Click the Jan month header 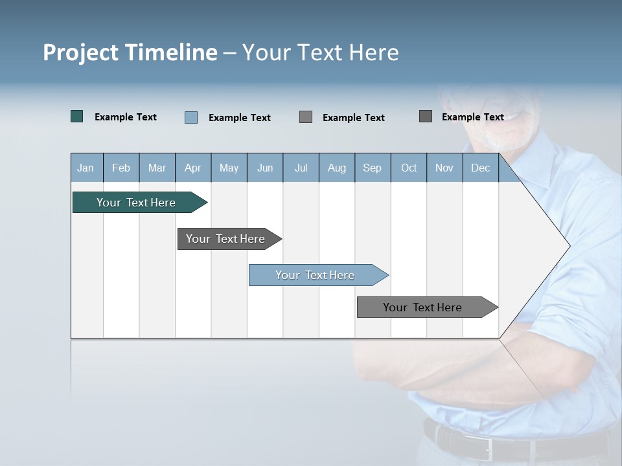coord(86,168)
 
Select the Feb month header coord(121,168)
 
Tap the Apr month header coord(192,168)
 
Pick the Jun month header coord(264,168)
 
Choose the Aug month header coord(336,168)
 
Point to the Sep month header coord(372,168)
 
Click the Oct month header coord(409,168)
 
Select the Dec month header coord(480,168)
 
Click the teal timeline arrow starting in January coord(136,203)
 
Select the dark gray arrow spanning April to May coord(225,239)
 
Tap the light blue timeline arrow coord(315,275)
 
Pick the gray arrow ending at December coord(422,307)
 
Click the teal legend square coord(76,116)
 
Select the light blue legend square coord(190,117)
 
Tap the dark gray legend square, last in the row coord(426,116)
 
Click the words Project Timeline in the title coord(130,52)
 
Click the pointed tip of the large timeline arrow coord(568,245)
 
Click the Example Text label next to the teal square coord(126,117)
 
